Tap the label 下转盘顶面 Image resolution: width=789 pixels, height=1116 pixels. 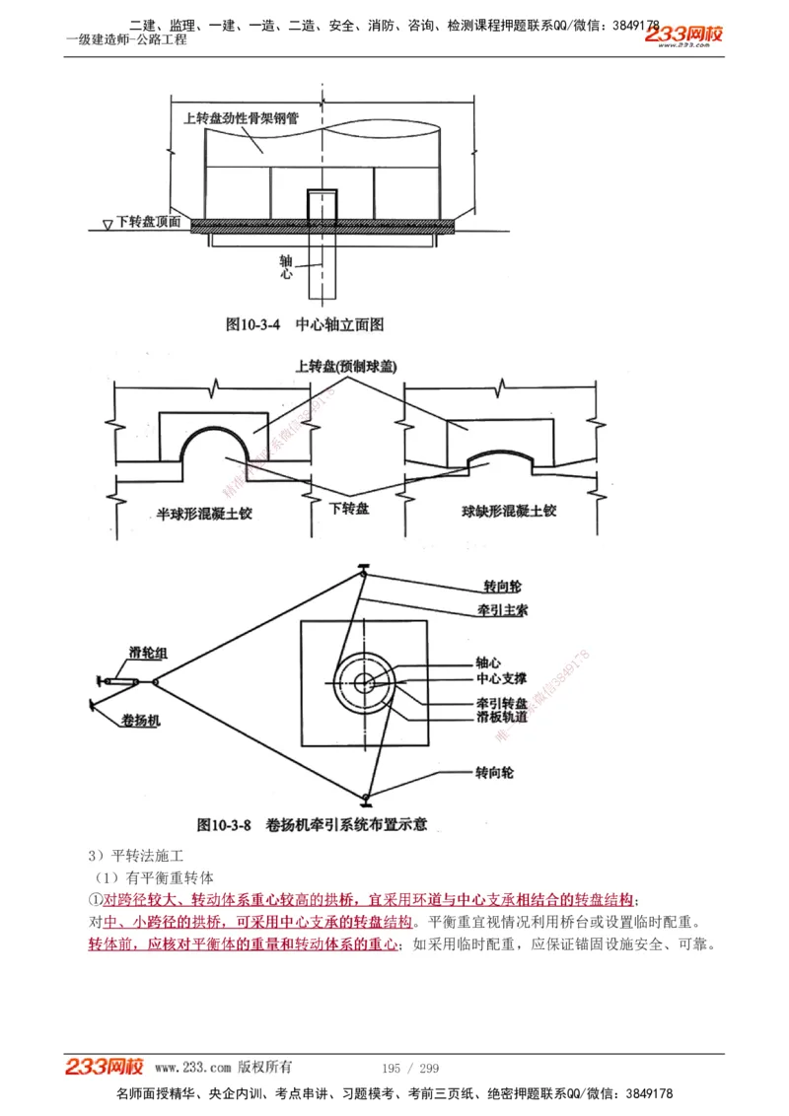148,222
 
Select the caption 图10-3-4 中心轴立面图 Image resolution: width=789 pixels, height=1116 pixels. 304,323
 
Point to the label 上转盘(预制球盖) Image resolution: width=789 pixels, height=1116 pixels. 345,366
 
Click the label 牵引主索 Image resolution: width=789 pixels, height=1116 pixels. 502,610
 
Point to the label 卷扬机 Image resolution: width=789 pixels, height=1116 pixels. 141,721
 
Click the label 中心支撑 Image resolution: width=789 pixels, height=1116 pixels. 501,679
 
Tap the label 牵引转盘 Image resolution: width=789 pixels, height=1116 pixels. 501,704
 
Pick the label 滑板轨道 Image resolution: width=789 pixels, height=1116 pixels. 501,718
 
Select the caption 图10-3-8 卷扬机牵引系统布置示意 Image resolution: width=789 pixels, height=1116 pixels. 312,824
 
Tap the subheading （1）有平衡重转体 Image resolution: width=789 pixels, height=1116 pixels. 153,876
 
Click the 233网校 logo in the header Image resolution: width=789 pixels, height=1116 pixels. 683,35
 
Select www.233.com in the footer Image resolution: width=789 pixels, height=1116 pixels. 192,1068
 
